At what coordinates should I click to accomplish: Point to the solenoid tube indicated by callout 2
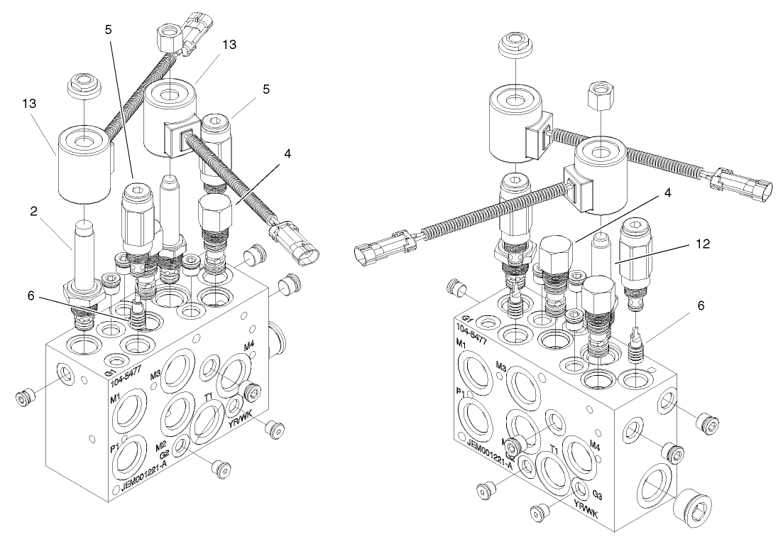coord(83,256)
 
